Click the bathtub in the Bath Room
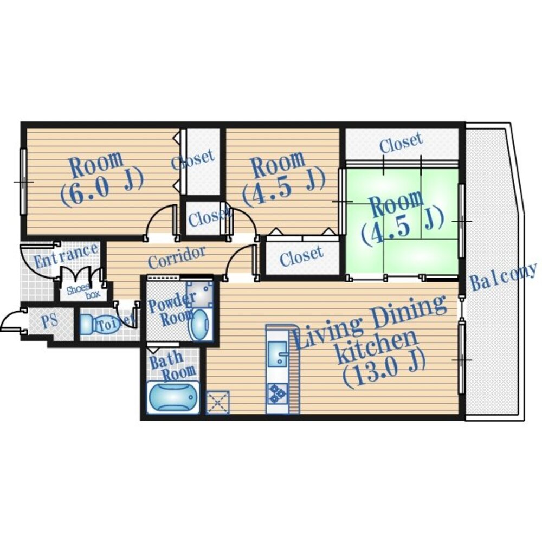173,397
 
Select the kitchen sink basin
278,353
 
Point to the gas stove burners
277,393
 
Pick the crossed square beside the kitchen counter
217,402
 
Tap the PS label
50,321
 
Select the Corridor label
176,257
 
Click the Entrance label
66,255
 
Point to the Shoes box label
83,292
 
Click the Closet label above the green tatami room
401,142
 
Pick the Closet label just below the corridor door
301,256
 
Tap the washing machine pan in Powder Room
199,294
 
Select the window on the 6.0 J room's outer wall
23,182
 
